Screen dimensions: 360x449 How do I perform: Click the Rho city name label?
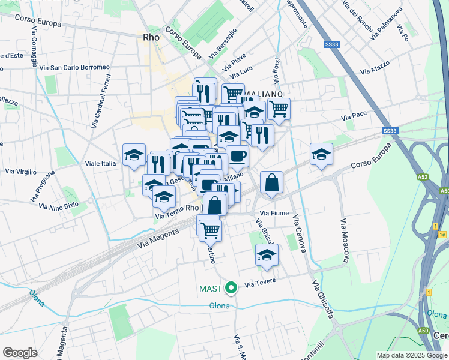pyautogui.click(x=151, y=37)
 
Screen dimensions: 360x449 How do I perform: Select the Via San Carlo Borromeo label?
pyautogui.click(x=74, y=67)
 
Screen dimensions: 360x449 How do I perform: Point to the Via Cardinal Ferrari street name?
pyautogui.click(x=101, y=101)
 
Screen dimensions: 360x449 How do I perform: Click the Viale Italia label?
pyautogui.click(x=100, y=163)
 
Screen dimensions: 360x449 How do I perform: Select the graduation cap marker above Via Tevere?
pyautogui.click(x=267, y=255)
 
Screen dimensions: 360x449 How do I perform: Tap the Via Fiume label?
pyautogui.click(x=274, y=213)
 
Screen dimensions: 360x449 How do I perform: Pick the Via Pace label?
pyautogui.click(x=354, y=115)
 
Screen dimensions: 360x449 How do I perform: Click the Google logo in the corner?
pyautogui.click(x=20, y=353)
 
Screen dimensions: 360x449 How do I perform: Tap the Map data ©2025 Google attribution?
pyautogui.click(x=412, y=355)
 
